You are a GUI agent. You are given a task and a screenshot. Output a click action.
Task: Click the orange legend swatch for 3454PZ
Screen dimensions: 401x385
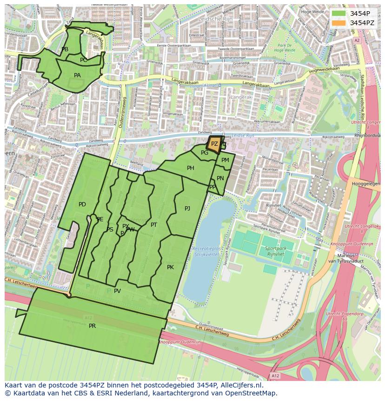tap(339, 22)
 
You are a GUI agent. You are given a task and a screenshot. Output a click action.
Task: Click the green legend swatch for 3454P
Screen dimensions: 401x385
tap(339, 13)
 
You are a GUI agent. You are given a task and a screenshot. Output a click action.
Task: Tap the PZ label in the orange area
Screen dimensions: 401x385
tap(214, 144)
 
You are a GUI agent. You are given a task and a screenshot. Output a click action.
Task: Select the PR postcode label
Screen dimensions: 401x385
tap(92, 326)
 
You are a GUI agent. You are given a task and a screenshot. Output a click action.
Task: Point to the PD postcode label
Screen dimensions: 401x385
tap(82, 204)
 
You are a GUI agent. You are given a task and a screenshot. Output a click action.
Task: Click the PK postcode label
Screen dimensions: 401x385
tap(170, 267)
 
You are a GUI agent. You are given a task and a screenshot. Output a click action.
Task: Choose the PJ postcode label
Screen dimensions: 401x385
tap(187, 209)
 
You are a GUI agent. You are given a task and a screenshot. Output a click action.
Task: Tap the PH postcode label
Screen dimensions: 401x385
tap(190, 168)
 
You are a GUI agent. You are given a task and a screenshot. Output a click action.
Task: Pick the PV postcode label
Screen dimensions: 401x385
tap(117, 291)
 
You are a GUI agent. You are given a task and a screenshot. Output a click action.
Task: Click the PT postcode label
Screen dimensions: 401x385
tap(154, 225)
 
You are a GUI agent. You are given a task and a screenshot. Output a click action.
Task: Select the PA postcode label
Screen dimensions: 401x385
tap(77, 75)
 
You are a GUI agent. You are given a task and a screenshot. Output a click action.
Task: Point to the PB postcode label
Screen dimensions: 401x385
tap(65, 49)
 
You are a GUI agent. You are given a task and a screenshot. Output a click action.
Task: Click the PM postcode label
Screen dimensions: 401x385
tap(225, 160)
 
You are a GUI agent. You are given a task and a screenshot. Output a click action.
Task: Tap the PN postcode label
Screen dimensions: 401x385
tap(220, 178)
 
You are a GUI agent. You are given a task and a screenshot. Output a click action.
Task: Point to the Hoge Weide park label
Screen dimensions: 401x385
tap(285, 48)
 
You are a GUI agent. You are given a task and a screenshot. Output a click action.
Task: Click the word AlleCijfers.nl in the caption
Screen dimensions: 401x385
tap(240, 386)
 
